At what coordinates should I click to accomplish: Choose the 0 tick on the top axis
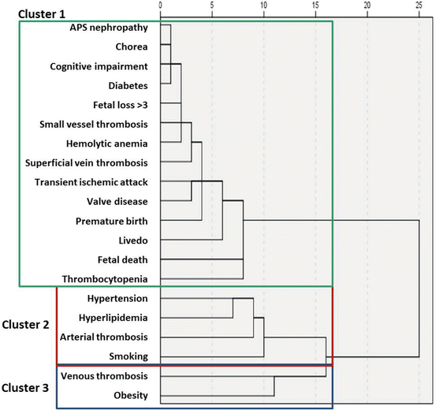(160, 6)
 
